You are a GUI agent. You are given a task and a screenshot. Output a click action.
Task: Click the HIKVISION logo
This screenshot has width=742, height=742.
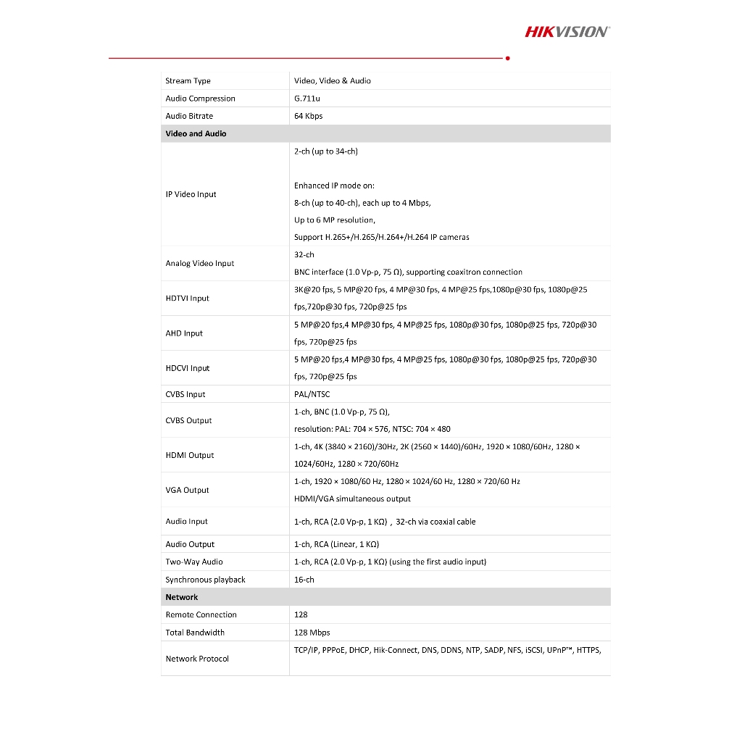(x=567, y=31)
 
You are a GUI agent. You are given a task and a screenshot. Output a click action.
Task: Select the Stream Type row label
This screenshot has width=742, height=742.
(x=188, y=81)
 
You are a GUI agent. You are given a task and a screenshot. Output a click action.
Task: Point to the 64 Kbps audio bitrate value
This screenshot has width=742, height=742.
(x=308, y=116)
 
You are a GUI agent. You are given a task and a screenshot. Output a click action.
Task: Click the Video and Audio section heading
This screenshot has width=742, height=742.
(x=196, y=133)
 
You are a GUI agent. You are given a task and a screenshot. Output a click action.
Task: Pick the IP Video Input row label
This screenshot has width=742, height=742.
(x=191, y=194)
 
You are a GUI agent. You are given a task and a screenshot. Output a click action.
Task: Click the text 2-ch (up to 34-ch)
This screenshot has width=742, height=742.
(x=325, y=151)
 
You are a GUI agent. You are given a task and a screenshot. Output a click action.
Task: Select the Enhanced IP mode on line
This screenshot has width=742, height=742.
(x=334, y=185)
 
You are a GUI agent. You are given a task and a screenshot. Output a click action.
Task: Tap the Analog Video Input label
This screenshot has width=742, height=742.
(x=199, y=264)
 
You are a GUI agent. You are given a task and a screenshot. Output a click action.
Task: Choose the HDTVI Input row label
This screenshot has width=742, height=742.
(x=187, y=299)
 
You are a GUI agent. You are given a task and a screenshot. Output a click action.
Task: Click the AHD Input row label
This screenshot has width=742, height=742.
(x=184, y=333)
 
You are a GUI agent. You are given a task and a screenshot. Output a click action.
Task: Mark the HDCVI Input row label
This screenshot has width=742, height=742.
(x=187, y=368)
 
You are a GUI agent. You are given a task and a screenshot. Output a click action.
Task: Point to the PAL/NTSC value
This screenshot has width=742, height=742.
(x=312, y=394)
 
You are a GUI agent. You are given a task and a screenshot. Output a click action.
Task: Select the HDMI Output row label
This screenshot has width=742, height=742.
(x=190, y=455)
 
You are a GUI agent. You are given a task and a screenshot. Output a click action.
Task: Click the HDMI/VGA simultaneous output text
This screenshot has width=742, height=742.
(x=352, y=499)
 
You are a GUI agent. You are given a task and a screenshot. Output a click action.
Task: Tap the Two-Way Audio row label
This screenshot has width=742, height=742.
(x=193, y=562)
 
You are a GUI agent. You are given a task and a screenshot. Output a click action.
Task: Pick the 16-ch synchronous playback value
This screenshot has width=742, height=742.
(x=304, y=580)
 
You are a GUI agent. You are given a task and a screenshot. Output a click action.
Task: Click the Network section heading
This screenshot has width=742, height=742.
(x=181, y=597)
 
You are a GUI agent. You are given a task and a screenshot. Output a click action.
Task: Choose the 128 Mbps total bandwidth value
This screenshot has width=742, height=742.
(x=312, y=633)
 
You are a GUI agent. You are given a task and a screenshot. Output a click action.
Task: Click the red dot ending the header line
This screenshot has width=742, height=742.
(x=507, y=58)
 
